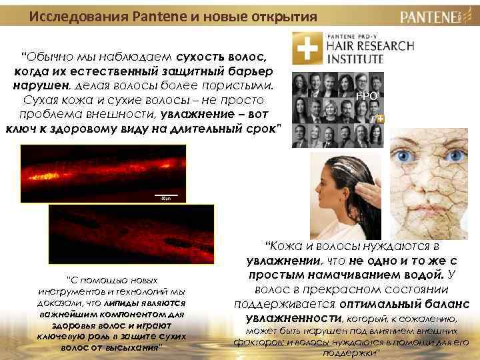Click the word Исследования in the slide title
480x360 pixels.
pos(73,15)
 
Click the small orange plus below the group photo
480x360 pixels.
pos(381,119)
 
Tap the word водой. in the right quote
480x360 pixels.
pos(418,275)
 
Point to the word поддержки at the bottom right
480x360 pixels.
pos(351,352)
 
